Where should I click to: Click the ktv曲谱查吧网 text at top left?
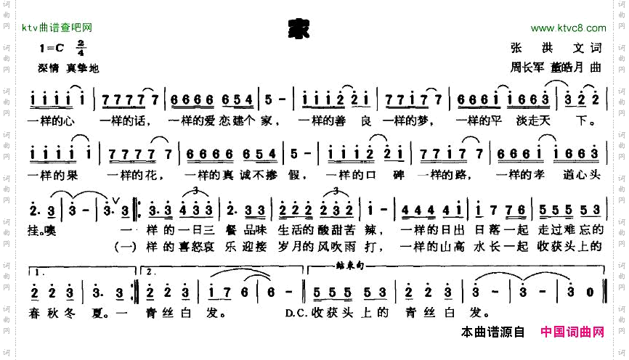coord(57,28)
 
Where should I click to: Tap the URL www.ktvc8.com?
coord(568,28)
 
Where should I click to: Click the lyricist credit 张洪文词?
coord(556,49)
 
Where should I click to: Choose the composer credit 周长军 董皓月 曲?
coord(556,68)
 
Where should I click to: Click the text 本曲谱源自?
coord(492,332)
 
